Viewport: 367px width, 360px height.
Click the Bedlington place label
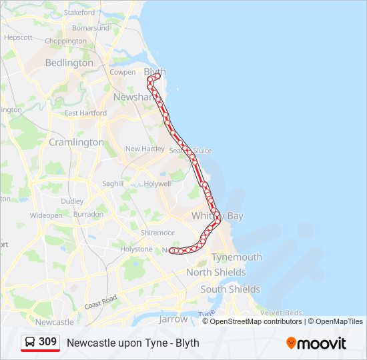(x=69, y=63)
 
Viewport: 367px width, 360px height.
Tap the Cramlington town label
(x=76, y=142)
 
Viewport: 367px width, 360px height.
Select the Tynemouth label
(x=236, y=257)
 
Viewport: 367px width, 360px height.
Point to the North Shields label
(x=216, y=273)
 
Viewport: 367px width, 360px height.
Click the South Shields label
(x=230, y=289)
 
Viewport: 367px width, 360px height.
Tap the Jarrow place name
(x=173, y=319)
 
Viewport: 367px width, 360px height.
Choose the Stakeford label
(x=79, y=12)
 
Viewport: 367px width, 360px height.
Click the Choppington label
(x=65, y=40)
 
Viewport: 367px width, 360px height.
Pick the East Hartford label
(x=85, y=113)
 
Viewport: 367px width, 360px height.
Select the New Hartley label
(x=145, y=149)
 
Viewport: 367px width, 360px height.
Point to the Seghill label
(x=113, y=183)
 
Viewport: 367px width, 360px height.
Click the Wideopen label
(x=46, y=215)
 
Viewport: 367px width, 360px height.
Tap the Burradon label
(x=88, y=215)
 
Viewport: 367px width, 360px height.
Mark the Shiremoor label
(x=157, y=233)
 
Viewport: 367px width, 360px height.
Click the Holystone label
(x=136, y=249)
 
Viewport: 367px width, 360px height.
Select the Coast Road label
(x=101, y=301)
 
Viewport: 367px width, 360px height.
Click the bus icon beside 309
(x=31, y=342)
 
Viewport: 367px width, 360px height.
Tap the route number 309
(x=48, y=342)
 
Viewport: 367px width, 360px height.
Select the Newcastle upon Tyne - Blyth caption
(x=133, y=343)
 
